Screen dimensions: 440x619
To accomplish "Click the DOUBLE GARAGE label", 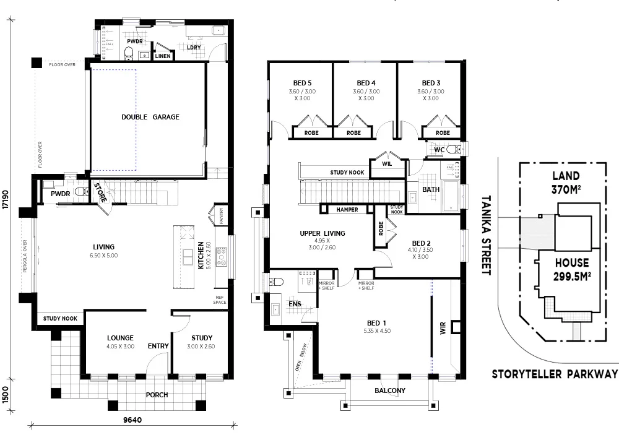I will point(150,117).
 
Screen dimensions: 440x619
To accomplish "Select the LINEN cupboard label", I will point(163,56).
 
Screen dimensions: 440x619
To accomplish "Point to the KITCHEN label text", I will point(201,256).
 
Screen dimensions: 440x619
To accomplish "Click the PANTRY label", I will point(220,216).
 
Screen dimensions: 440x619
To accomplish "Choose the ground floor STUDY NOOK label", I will point(60,319).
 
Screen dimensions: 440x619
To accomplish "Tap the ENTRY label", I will point(158,346).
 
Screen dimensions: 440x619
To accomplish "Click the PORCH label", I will point(157,395).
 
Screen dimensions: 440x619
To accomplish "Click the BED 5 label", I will point(302,83).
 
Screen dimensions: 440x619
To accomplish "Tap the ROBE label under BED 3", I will point(443,133).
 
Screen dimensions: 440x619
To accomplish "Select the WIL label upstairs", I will point(387,164).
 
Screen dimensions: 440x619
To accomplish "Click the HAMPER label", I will point(347,210).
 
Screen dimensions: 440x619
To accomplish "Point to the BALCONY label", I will point(390,390).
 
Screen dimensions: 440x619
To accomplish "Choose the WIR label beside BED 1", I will point(443,328).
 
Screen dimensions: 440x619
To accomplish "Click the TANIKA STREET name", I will point(486,235).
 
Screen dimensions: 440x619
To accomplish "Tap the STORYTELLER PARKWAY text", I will point(555,374).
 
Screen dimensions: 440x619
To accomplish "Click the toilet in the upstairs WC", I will point(454,149).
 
